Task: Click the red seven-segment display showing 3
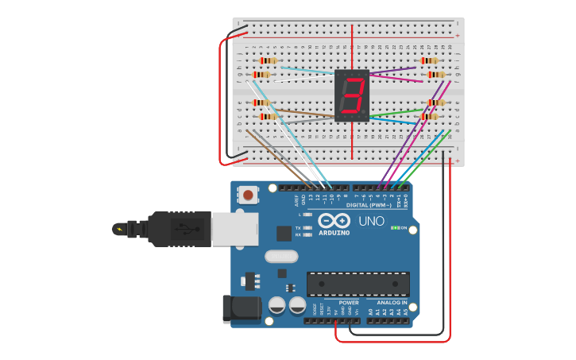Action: tap(352, 95)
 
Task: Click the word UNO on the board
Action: tap(371, 221)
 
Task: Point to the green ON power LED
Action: tap(394, 228)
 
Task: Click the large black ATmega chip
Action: tap(358, 284)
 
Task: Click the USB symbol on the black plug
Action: tap(185, 230)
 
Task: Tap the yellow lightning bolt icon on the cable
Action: tap(120, 230)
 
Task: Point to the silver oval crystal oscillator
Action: tap(281, 256)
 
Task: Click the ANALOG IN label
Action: tap(392, 303)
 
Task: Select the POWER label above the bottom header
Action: tap(349, 303)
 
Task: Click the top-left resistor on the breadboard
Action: tap(269, 60)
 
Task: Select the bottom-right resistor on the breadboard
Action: tap(430, 117)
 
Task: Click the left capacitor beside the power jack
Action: tap(276, 305)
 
